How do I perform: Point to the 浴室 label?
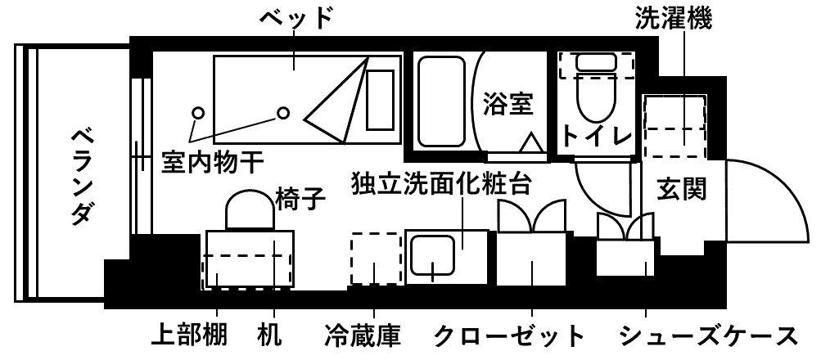click(508, 104)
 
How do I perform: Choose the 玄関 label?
click(681, 188)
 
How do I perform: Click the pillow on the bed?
click(380, 100)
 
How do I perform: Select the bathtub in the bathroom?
click(442, 101)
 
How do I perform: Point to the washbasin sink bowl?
click(432, 255)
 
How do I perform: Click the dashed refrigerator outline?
click(376, 259)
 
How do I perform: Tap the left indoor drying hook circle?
click(197, 113)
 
